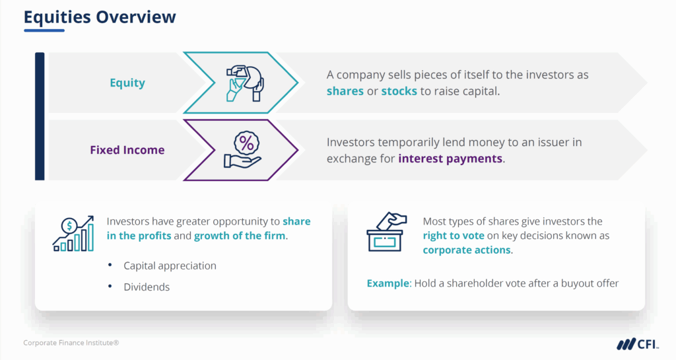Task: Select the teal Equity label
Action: [x=127, y=83]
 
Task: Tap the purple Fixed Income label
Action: [x=127, y=150]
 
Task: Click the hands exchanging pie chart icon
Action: [x=244, y=82]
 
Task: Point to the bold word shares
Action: [x=345, y=91]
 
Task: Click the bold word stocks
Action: [x=399, y=91]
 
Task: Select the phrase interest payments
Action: [x=450, y=159]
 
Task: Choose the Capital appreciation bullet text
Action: [x=170, y=266]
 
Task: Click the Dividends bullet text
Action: [x=147, y=287]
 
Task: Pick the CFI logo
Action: [x=634, y=343]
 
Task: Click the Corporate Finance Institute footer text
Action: [x=71, y=343]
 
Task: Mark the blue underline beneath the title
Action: [x=44, y=30]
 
